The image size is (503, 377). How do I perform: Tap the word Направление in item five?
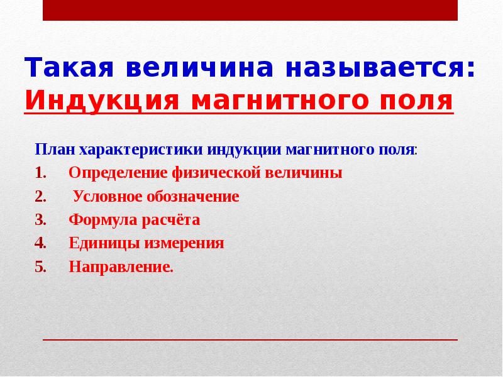pos(119,266)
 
